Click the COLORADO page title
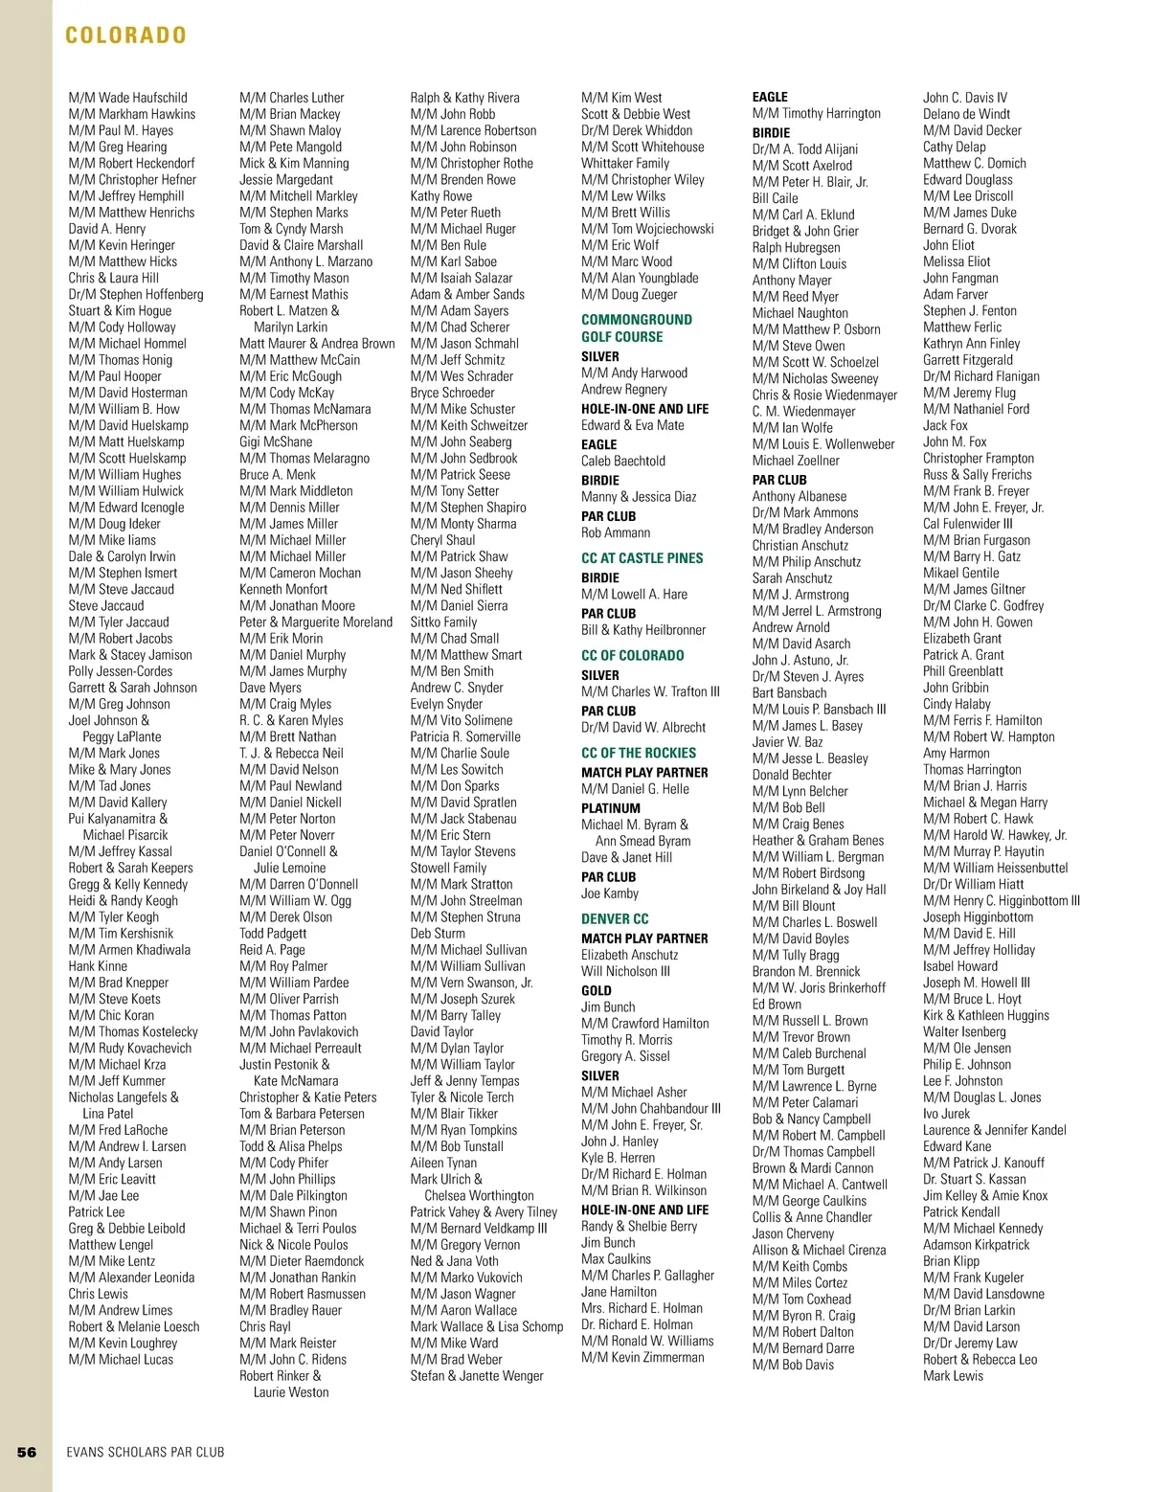pos(125,35)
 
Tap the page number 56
pos(27,1452)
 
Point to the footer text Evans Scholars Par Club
pos(146,1452)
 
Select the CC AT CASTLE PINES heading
pos(642,558)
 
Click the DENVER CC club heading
pos(615,919)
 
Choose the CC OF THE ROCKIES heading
pos(639,754)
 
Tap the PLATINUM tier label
pos(611,808)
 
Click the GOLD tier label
pos(597,991)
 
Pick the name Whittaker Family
pos(625,164)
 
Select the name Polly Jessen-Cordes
pos(121,671)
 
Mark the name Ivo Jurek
pos(946,1114)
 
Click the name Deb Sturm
pos(438,934)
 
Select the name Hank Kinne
pos(98,966)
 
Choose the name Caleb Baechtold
pos(623,461)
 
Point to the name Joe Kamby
pos(610,893)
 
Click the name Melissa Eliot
pos(957,261)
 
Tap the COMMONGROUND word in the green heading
pos(637,320)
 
